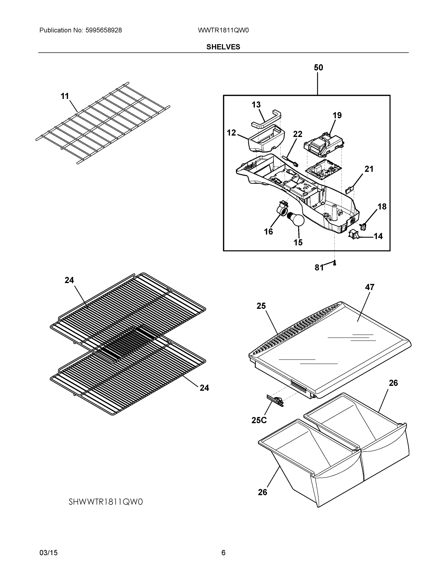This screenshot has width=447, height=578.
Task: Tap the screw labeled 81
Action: pos(334,263)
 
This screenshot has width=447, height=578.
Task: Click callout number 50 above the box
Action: pos(318,67)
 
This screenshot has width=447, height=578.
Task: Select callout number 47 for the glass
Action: pos(369,287)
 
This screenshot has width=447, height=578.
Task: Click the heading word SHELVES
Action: pos(223,47)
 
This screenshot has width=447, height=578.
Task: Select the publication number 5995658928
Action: pos(104,30)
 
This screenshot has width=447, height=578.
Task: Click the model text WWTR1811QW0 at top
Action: pos(223,30)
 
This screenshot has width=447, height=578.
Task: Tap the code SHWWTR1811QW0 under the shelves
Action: pos(106,502)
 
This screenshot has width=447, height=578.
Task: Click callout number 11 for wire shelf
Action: pos(65,96)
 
